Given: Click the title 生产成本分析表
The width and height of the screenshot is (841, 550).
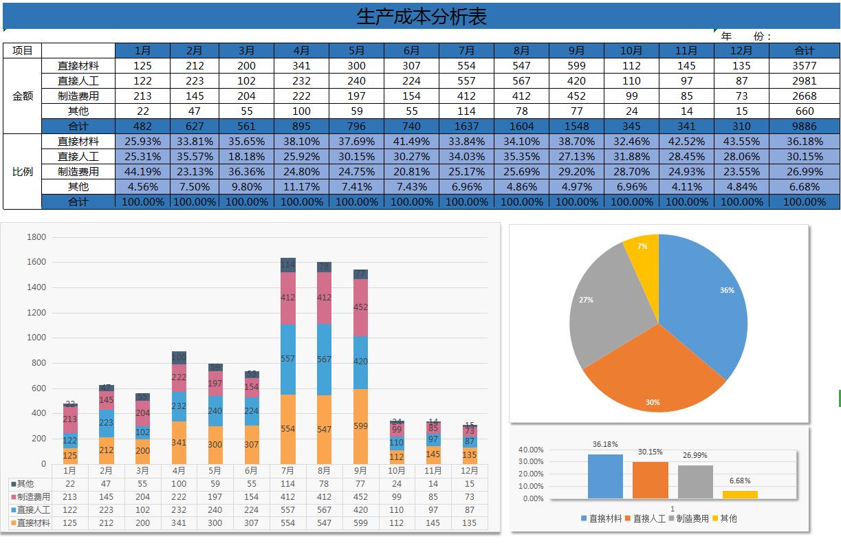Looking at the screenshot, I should pyautogui.click(x=421, y=16).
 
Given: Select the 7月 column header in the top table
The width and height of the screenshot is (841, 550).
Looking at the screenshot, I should pyautogui.click(x=466, y=50).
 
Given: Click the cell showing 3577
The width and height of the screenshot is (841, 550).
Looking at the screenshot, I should pyautogui.click(x=804, y=66).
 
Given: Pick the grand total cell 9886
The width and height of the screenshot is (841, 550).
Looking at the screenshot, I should pyautogui.click(x=804, y=126).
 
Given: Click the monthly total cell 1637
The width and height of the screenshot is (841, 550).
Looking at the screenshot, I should pyautogui.click(x=466, y=126).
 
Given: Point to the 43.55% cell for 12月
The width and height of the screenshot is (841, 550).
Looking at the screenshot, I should pyautogui.click(x=741, y=142).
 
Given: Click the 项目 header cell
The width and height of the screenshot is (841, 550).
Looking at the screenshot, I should pyautogui.click(x=23, y=50).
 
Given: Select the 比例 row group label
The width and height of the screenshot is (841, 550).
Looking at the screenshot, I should pyautogui.click(x=23, y=172).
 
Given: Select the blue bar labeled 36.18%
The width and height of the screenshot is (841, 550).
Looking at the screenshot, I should pyautogui.click(x=605, y=476).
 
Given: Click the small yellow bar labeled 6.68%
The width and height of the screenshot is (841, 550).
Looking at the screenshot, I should pyautogui.click(x=740, y=494).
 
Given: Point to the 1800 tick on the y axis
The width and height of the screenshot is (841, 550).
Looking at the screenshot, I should pyautogui.click(x=36, y=237).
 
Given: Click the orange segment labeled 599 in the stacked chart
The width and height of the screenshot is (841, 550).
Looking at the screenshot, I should pyautogui.click(x=360, y=426).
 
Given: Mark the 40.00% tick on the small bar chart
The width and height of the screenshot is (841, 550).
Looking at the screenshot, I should pyautogui.click(x=531, y=450).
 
